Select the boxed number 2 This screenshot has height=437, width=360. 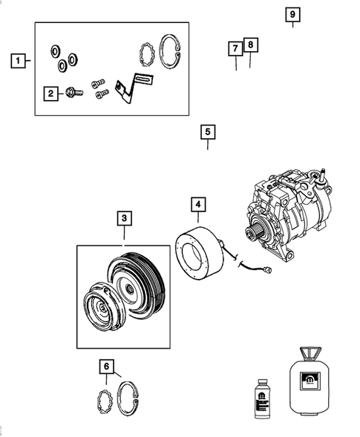click(x=51, y=93)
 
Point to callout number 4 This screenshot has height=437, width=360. click(x=198, y=203)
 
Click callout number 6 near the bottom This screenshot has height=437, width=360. click(x=107, y=366)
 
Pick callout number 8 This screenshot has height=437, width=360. click(x=251, y=45)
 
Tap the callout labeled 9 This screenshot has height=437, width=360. click(x=292, y=15)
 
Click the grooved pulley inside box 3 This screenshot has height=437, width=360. click(x=137, y=286)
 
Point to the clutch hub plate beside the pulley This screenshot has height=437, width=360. click(x=99, y=307)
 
